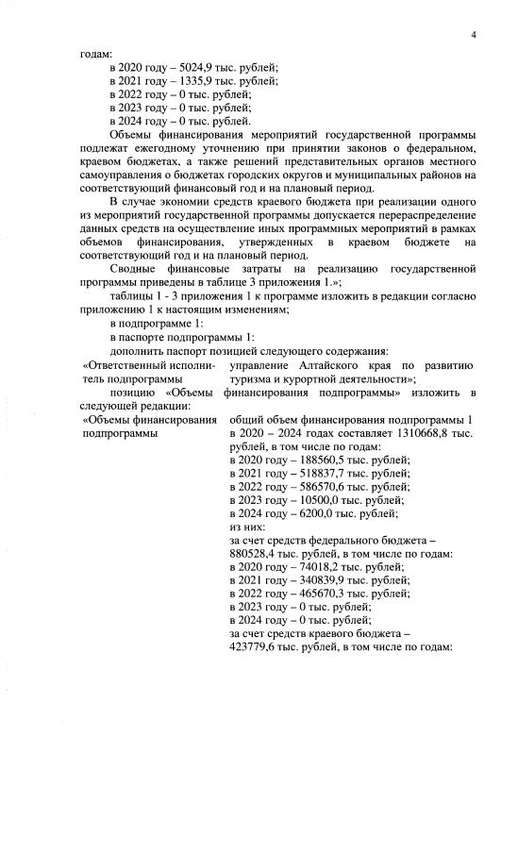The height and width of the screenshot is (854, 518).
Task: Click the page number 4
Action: click(474, 35)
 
